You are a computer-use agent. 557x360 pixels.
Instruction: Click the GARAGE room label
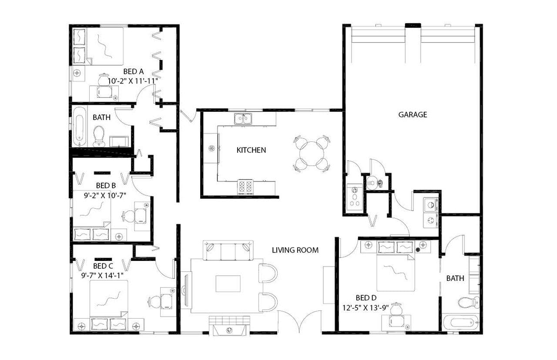[413, 115]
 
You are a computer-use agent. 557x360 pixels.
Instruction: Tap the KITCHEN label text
[251, 150]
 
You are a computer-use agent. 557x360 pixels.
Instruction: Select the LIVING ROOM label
[295, 250]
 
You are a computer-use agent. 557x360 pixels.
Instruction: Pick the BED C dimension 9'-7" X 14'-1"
[103, 275]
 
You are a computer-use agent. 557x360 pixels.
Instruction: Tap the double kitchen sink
[243, 119]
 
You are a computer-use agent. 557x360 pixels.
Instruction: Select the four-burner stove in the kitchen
[246, 187]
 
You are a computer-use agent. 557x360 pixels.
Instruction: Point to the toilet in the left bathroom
[99, 136]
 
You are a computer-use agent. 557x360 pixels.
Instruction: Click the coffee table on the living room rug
[228, 284]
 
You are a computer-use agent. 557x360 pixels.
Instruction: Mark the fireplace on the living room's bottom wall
[229, 326]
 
